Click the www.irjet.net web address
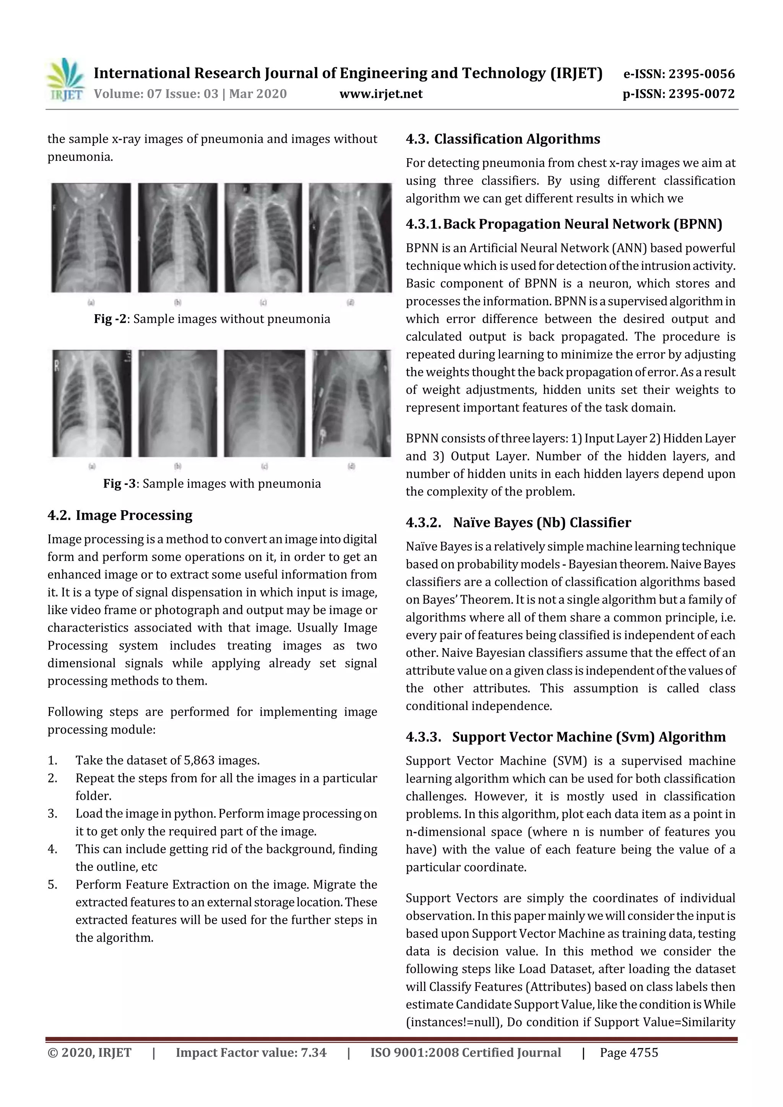click(x=381, y=94)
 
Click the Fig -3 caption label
click(x=120, y=484)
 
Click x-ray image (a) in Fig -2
click(x=91, y=238)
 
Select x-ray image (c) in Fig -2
click(x=263, y=238)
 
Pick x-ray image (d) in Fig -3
click(x=351, y=403)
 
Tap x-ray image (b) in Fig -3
click(x=177, y=403)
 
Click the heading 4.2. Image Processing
click(x=120, y=515)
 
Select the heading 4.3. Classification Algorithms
click(x=503, y=139)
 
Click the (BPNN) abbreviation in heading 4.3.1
click(x=698, y=224)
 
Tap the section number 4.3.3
click(x=423, y=737)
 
